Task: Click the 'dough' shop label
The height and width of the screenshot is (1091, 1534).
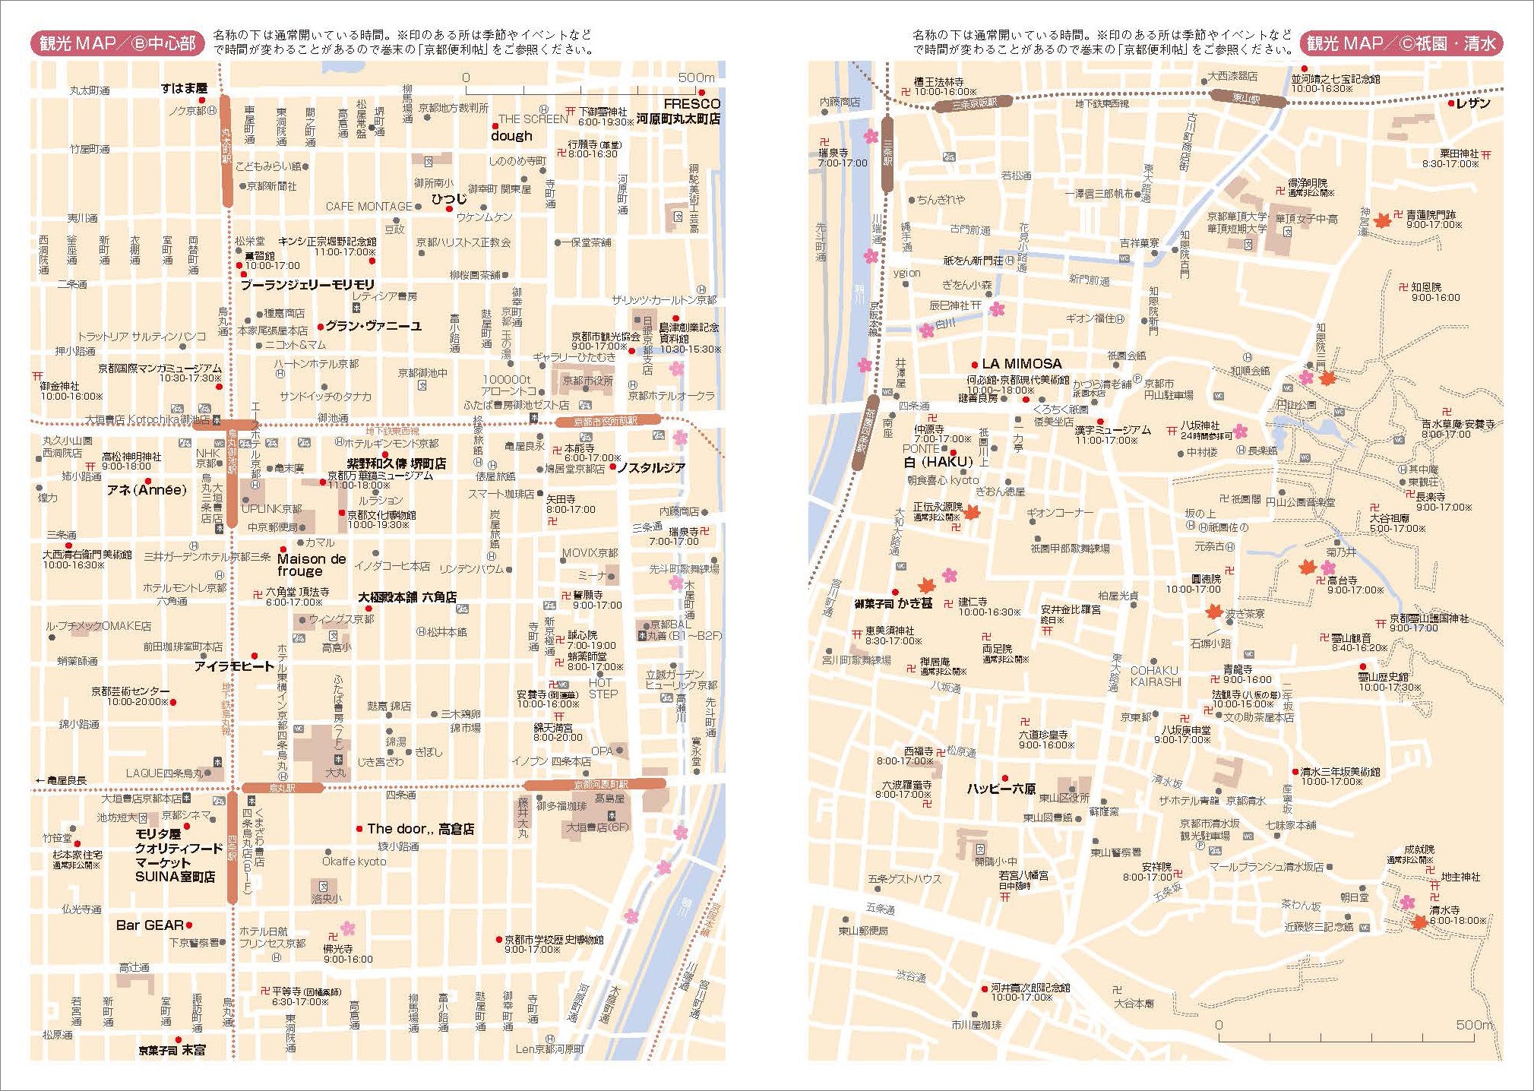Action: (x=511, y=136)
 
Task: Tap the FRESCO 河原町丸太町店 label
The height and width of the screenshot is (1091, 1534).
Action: (x=679, y=111)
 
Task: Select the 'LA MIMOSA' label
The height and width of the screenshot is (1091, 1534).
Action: (x=1021, y=364)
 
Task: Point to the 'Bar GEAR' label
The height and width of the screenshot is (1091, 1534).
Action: (x=150, y=925)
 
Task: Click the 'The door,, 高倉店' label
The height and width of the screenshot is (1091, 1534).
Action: (x=420, y=829)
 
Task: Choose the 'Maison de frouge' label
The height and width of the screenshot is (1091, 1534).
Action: (x=312, y=564)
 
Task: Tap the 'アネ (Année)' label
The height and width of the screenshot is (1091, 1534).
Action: (x=147, y=490)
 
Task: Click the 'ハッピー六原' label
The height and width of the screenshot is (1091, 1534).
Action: (x=1001, y=789)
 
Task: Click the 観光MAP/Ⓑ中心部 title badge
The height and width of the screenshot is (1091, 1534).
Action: (x=118, y=43)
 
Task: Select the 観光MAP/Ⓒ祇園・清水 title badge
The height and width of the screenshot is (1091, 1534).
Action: (x=1401, y=43)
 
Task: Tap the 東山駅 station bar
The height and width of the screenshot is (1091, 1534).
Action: (x=1247, y=98)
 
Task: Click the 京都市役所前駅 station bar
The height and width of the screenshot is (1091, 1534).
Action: (x=606, y=421)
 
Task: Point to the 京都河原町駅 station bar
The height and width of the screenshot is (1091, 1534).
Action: (x=595, y=785)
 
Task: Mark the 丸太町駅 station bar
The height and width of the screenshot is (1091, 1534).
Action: (x=226, y=150)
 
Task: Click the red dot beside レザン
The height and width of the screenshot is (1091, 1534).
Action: (x=1450, y=103)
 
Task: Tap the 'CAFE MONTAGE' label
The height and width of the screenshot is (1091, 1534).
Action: (x=368, y=207)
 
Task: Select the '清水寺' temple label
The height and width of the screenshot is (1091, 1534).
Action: (x=1444, y=909)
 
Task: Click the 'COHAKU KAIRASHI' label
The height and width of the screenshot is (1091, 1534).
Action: (x=1155, y=676)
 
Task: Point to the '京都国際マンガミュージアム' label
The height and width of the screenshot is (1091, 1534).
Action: (x=160, y=368)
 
